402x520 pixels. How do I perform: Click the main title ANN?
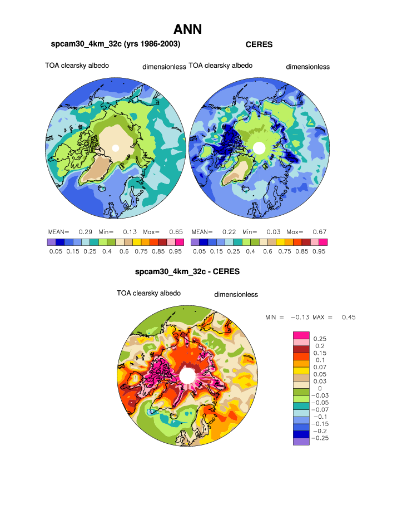click(187, 29)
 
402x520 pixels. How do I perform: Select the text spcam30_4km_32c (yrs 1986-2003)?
click(116, 43)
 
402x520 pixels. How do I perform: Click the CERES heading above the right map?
click(259, 44)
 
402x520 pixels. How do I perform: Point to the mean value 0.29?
click(85, 231)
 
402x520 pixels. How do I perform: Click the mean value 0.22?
click(229, 231)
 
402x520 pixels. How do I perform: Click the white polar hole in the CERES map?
click(259, 147)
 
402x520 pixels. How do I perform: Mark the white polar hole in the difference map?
click(187, 376)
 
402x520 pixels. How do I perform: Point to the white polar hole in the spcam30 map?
click(115, 148)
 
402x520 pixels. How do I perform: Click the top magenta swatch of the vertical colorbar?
click(300, 335)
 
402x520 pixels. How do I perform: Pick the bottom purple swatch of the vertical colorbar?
click(300, 442)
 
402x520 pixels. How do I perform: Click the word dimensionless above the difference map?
click(236, 295)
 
